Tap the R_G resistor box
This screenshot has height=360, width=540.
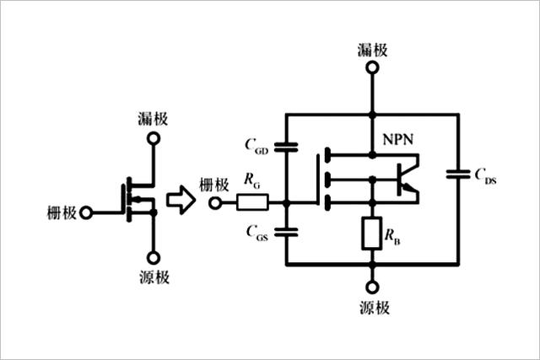252,202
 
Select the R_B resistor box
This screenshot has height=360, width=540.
371,234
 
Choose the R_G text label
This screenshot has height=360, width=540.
251,180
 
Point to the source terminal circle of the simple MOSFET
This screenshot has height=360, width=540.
153,258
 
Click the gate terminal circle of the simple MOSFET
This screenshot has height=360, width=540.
84,212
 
